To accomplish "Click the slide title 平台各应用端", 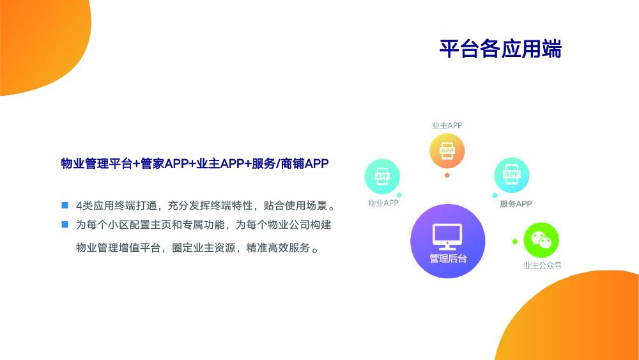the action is point(500,49).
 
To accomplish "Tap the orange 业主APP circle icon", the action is point(447,151).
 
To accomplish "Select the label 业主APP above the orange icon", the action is point(447,125).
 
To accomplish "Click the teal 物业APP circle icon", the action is point(382,176).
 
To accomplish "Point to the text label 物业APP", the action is point(383,203).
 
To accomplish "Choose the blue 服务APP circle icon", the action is point(511,175).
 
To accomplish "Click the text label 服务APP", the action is point(516,204).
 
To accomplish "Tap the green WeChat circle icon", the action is point(541,240).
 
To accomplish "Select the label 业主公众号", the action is point(543,265).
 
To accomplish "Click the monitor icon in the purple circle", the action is point(447,237).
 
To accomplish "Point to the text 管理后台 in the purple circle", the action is point(448,258).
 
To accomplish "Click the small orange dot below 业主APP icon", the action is point(447,175).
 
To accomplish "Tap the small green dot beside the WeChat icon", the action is point(514,242).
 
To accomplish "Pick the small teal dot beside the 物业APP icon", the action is point(399,195).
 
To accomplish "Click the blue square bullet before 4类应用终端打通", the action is point(65,205).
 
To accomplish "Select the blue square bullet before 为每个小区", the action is point(65,224).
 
